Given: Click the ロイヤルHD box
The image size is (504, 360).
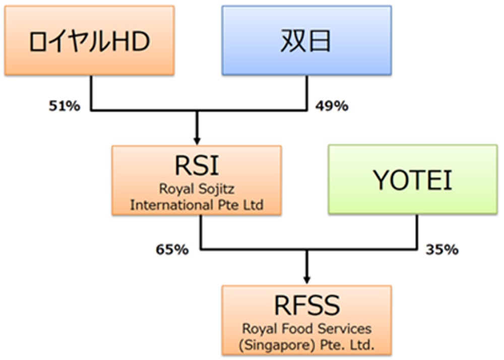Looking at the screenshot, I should tap(90, 41).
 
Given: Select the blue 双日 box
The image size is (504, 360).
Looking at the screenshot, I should tap(306, 41).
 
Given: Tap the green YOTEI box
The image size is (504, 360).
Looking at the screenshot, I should tap(413, 179).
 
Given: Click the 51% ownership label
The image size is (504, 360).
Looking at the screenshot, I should tap(62, 106).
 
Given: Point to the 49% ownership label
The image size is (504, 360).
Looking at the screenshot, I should tap(331, 106).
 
